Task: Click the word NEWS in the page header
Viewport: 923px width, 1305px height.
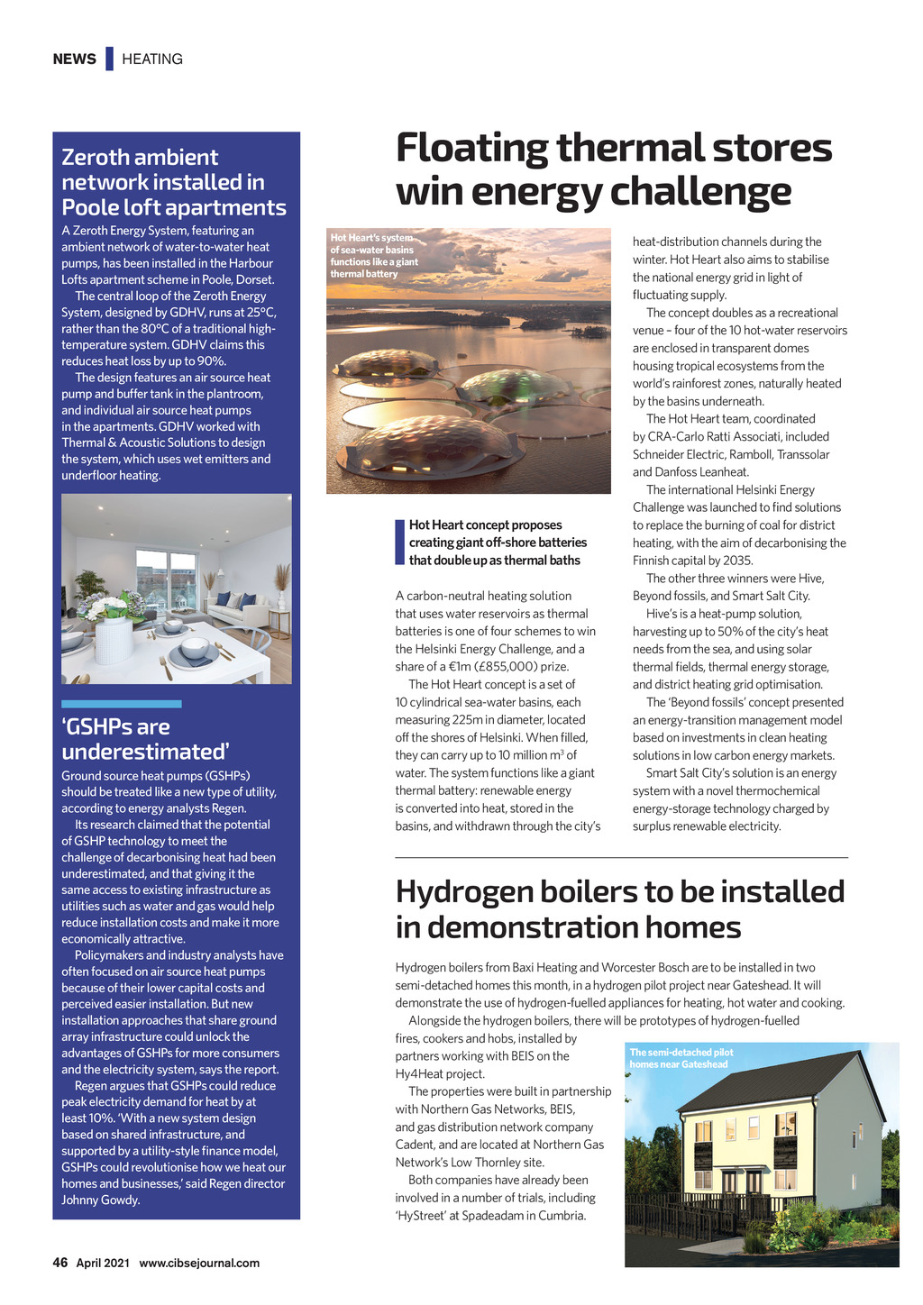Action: click(x=74, y=59)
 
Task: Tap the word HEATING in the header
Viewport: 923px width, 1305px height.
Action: click(x=152, y=59)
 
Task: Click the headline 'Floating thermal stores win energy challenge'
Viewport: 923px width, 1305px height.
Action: click(x=613, y=169)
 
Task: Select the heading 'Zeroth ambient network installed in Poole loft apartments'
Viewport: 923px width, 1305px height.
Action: click(x=173, y=182)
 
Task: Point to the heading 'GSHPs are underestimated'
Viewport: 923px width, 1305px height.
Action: click(x=145, y=739)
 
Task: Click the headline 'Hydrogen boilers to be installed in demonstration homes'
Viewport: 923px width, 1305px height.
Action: click(x=620, y=908)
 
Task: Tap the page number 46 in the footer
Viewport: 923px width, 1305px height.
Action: click(x=60, y=1263)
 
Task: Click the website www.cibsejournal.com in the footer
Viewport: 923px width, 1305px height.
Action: click(x=199, y=1264)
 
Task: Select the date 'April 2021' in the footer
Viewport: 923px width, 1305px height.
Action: click(x=102, y=1264)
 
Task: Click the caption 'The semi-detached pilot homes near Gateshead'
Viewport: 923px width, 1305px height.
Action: click(x=681, y=1058)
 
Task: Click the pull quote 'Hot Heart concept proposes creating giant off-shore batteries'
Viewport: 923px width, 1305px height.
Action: click(x=498, y=543)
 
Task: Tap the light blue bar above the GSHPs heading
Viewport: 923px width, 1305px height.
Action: click(x=122, y=704)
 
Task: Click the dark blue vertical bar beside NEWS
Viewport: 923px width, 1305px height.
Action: click(x=109, y=59)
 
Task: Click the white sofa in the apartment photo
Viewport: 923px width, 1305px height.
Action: click(x=238, y=613)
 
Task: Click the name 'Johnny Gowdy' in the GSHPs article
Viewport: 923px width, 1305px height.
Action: click(x=101, y=1200)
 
